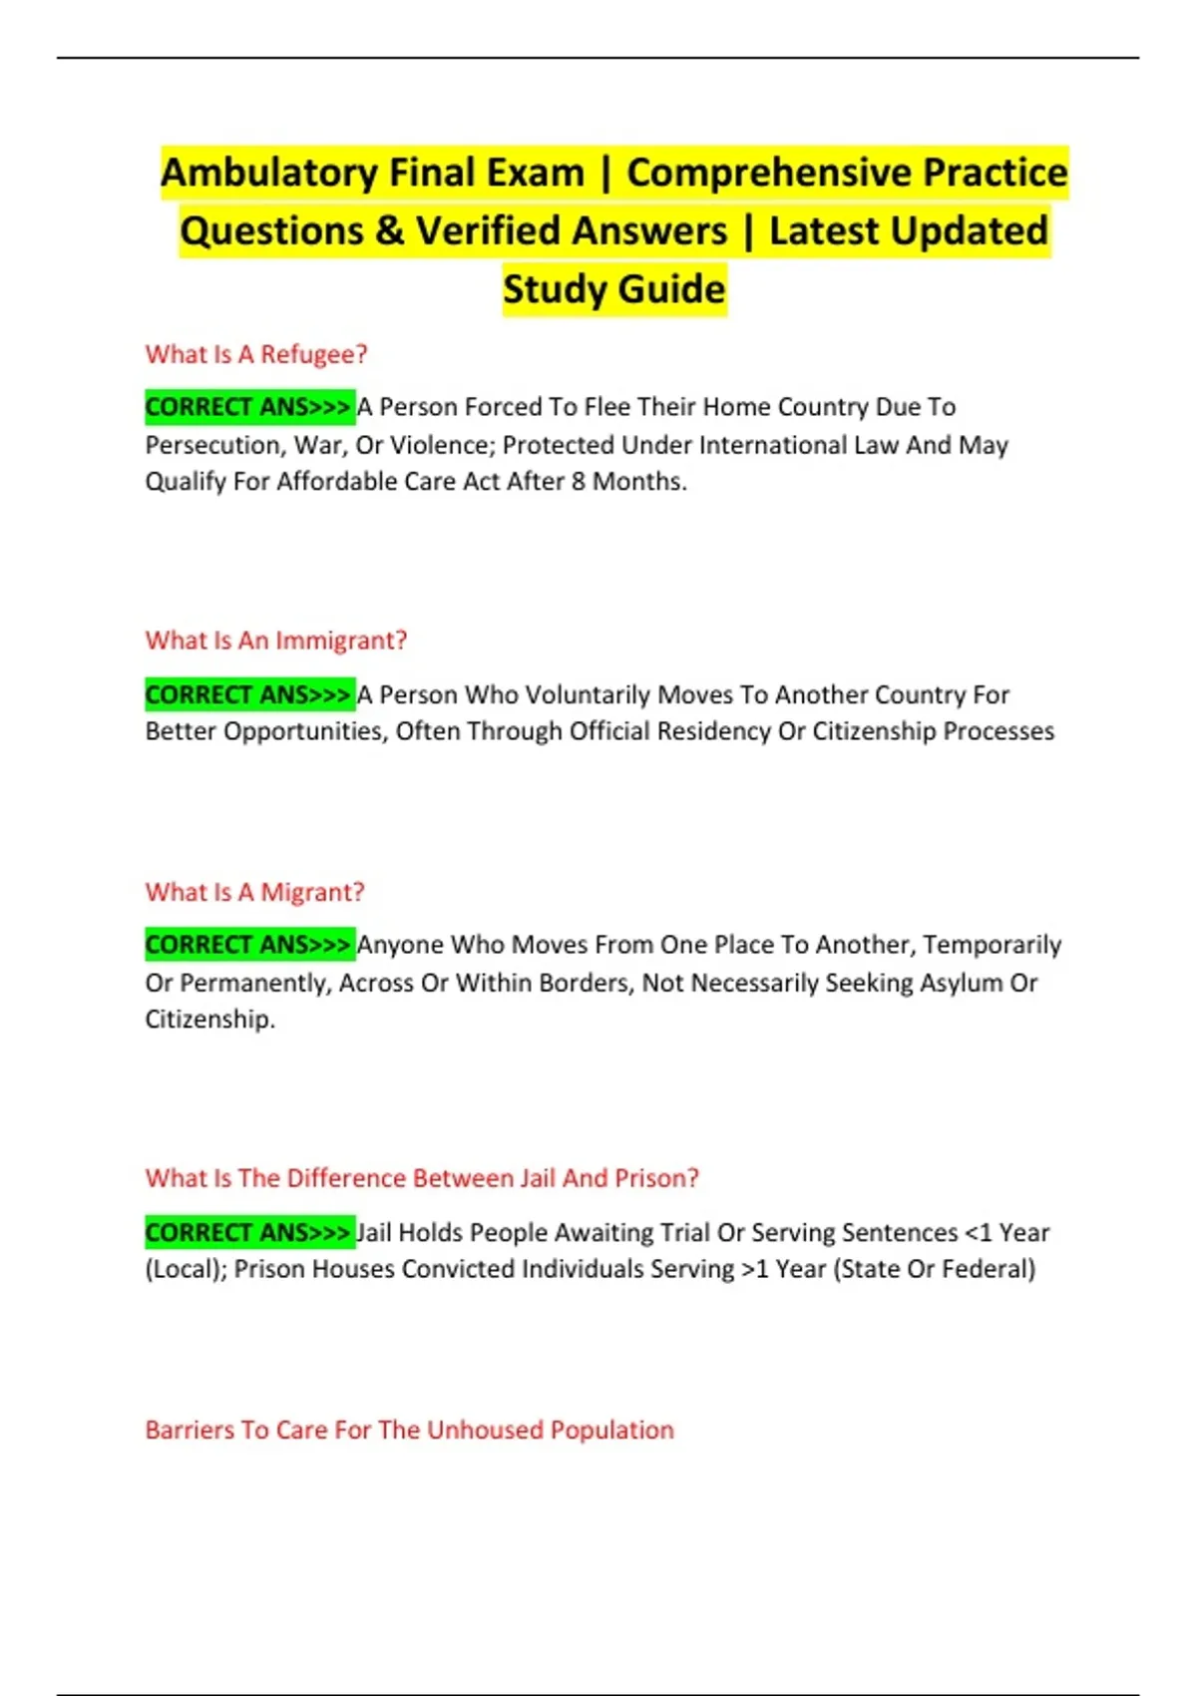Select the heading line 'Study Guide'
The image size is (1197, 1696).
[613, 289]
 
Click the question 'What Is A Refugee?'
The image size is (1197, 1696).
[256, 354]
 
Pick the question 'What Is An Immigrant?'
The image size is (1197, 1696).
[276, 640]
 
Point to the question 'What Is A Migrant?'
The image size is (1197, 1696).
[254, 892]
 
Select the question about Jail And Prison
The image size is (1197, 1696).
[422, 1178]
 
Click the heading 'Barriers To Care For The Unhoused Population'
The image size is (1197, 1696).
[409, 1430]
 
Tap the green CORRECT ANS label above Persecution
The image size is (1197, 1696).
[248, 407]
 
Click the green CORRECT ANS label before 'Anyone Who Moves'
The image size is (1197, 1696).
[248, 944]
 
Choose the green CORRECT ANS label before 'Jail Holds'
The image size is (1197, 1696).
[248, 1232]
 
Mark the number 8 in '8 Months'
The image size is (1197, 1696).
[579, 482]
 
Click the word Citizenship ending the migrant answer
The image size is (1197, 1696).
[207, 1020]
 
